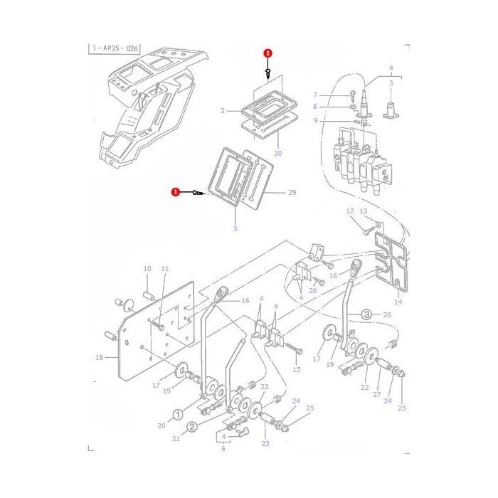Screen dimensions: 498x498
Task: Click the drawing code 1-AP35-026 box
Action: click(115, 49)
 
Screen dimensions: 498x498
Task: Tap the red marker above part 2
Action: click(267, 53)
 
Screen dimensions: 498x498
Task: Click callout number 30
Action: click(278, 154)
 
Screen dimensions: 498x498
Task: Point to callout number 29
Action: click(291, 193)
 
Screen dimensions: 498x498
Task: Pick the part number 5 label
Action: click(391, 83)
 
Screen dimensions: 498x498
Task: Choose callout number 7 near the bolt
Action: click(315, 95)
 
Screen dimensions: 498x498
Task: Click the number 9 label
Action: click(315, 122)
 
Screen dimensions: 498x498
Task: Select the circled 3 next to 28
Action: click(366, 314)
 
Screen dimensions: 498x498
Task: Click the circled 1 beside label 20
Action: click(178, 414)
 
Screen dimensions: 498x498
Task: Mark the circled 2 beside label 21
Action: click(191, 427)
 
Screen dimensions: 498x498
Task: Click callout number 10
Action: click(147, 269)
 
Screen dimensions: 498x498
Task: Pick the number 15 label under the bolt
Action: click(297, 369)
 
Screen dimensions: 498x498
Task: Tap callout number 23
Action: click(265, 443)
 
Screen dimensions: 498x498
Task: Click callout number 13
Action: click(363, 211)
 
